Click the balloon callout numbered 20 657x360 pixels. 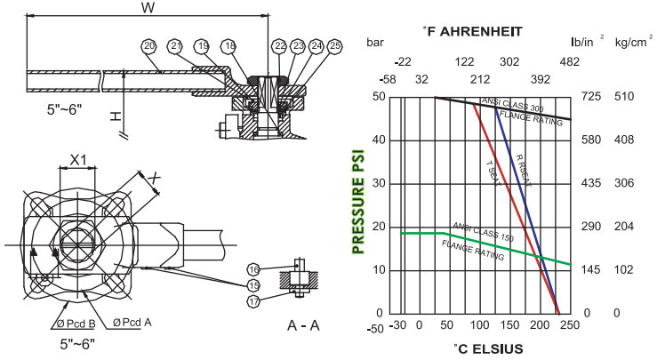[x=149, y=45]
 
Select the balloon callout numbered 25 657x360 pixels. [x=334, y=45]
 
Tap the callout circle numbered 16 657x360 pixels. [x=254, y=268]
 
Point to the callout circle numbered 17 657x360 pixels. [x=254, y=301]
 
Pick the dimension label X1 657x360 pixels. [x=78, y=160]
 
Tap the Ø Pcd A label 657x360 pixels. [x=132, y=323]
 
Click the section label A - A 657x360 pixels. [x=304, y=324]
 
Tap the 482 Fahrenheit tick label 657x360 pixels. [x=570, y=61]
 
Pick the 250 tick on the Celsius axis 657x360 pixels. [x=569, y=325]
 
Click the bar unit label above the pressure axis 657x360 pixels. [x=377, y=42]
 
